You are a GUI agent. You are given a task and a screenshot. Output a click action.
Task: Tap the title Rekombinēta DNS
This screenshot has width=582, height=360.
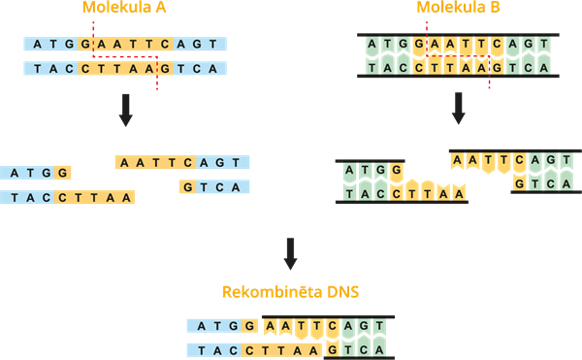(289, 291)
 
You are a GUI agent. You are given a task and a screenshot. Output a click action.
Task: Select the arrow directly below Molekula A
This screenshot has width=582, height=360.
(125, 110)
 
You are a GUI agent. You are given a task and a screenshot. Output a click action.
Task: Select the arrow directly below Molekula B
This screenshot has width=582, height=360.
(458, 110)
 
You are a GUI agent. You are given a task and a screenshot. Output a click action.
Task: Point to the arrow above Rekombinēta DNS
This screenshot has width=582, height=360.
(289, 254)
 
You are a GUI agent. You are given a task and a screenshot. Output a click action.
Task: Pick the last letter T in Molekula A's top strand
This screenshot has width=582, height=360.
(214, 44)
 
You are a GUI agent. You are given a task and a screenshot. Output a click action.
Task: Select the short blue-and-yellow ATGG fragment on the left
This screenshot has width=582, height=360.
(36, 173)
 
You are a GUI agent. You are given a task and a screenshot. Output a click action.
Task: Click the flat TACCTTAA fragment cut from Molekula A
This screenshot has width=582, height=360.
(68, 197)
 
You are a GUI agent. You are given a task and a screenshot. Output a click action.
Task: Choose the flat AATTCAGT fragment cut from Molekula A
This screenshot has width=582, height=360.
(182, 163)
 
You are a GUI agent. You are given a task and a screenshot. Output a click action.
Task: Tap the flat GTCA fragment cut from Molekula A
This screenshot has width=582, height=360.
(214, 187)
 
